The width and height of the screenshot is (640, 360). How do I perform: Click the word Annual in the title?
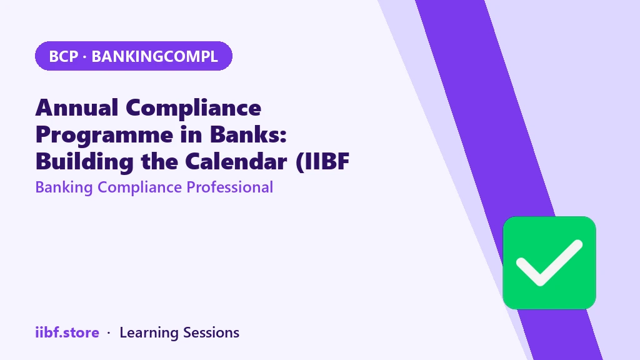(x=77, y=107)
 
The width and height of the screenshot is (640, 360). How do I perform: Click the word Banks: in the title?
(x=248, y=134)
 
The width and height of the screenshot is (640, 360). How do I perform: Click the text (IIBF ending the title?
(x=322, y=162)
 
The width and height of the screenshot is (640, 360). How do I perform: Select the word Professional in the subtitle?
(x=230, y=187)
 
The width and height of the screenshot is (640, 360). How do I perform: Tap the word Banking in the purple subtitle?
(x=64, y=187)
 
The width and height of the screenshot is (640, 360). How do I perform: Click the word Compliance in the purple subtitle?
(x=139, y=187)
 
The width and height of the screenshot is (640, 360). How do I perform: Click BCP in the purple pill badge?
(x=63, y=56)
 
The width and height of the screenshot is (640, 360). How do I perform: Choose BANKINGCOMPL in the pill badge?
(x=155, y=56)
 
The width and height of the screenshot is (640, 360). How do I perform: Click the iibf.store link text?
(x=67, y=332)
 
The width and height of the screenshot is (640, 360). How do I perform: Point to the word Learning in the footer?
(x=149, y=333)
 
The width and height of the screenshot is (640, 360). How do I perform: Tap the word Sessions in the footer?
(x=211, y=332)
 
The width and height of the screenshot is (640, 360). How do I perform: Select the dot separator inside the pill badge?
(x=84, y=57)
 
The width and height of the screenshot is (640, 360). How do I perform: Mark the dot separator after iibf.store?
(x=109, y=334)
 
